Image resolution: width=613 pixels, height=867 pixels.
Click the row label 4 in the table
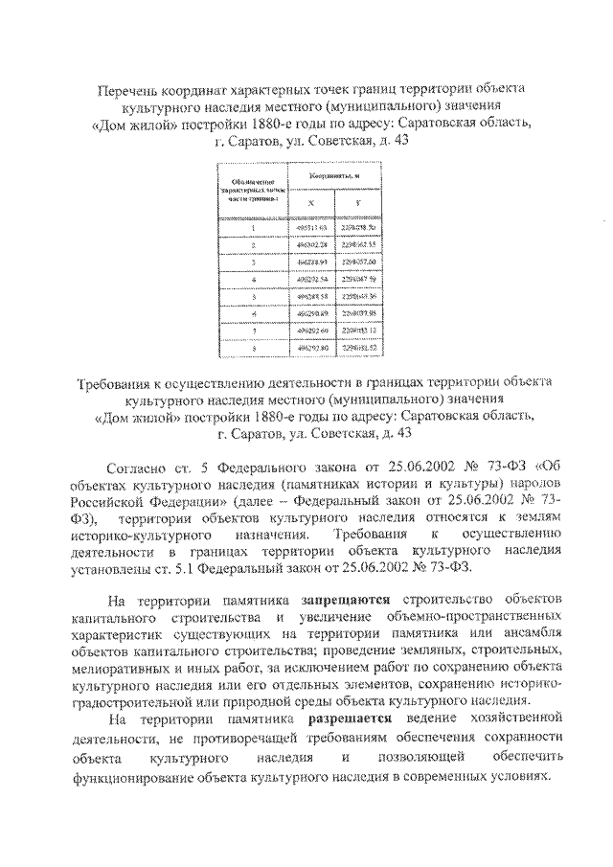point(253,279)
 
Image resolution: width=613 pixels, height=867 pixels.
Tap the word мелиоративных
point(118,669)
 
